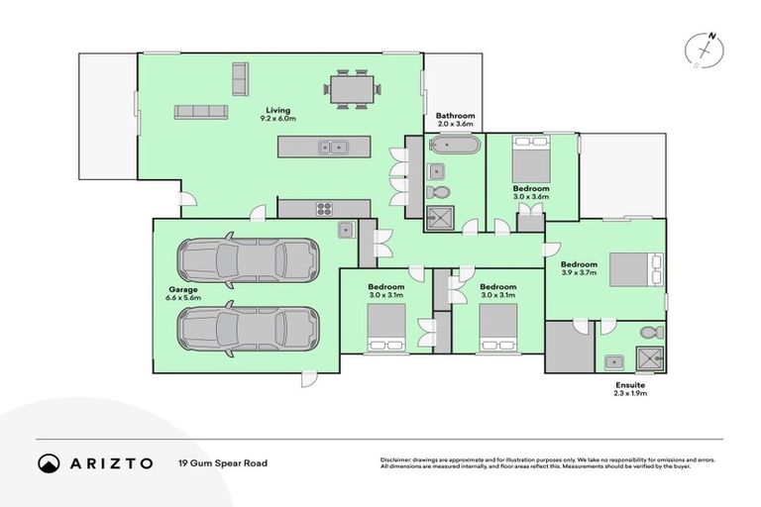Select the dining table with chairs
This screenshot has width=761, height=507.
tap(351, 87)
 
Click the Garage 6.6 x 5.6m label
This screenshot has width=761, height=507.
tap(183, 296)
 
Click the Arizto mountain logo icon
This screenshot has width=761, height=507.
tap(50, 462)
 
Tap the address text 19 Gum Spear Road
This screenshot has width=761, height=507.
tap(223, 462)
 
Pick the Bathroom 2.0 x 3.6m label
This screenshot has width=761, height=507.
tap(456, 121)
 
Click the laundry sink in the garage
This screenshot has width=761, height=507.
tap(345, 230)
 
